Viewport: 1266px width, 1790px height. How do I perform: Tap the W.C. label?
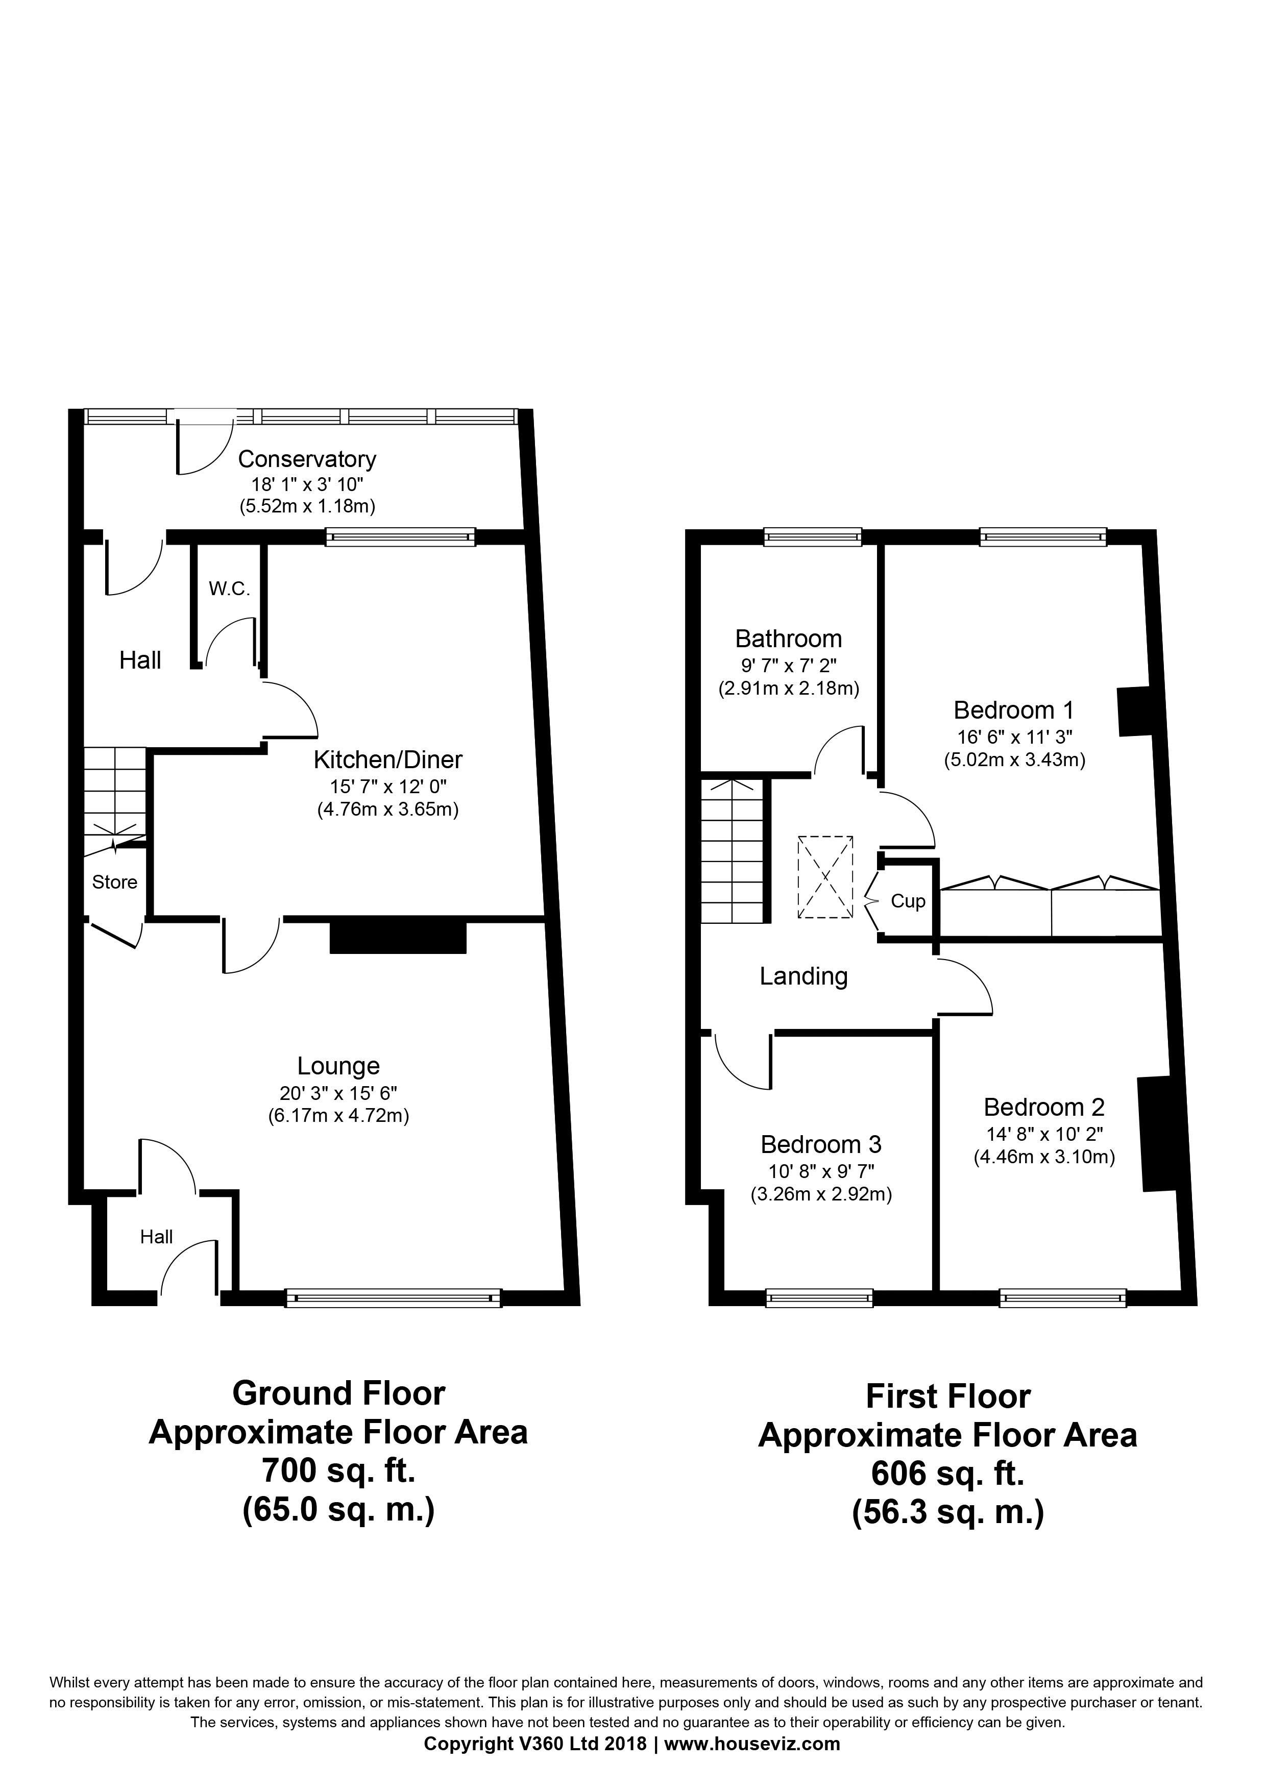229,590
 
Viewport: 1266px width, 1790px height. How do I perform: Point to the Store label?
114,882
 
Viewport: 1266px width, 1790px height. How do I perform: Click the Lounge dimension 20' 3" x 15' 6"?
338,1093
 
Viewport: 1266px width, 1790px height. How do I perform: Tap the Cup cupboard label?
908,901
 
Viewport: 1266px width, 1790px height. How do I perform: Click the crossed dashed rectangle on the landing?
825,876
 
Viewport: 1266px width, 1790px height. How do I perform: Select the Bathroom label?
788,639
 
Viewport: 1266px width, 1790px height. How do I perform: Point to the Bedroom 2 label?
1044,1107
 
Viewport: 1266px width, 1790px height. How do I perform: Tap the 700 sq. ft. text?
338,1470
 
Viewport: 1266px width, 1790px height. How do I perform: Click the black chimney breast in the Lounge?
398,938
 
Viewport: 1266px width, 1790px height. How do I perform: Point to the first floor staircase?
731,851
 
